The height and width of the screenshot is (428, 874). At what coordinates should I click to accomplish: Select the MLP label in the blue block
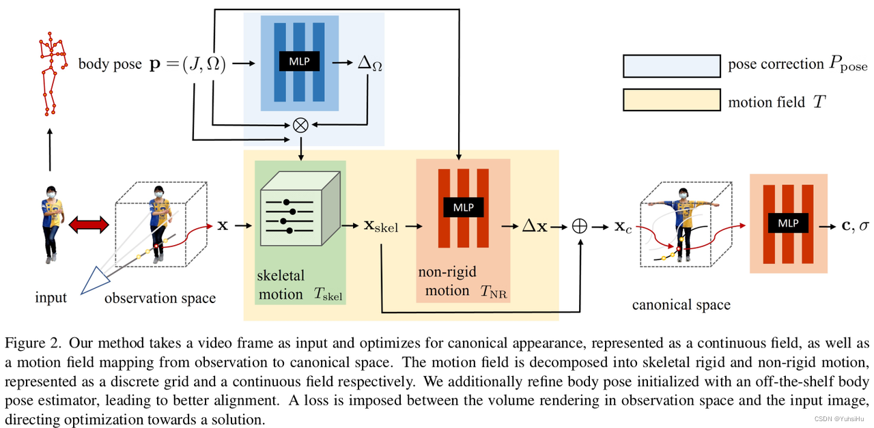[x=300, y=61]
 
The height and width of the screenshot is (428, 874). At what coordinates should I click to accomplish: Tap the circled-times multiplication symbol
[x=300, y=124]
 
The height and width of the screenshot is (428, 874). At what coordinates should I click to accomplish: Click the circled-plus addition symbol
[x=579, y=226]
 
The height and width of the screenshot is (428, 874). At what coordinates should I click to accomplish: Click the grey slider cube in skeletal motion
[x=300, y=208]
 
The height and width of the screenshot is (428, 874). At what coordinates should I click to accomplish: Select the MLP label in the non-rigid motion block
[x=464, y=207]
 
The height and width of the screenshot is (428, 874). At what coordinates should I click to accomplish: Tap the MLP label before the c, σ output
[x=789, y=223]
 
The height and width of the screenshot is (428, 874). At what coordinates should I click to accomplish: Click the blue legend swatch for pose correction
[x=671, y=66]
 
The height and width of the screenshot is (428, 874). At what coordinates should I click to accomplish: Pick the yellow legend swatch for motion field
[x=671, y=101]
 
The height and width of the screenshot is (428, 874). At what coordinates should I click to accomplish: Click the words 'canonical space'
[x=681, y=304]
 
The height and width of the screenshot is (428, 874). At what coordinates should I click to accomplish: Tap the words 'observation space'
[x=160, y=298]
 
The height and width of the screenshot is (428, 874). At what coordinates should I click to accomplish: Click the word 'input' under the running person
[x=51, y=298]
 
